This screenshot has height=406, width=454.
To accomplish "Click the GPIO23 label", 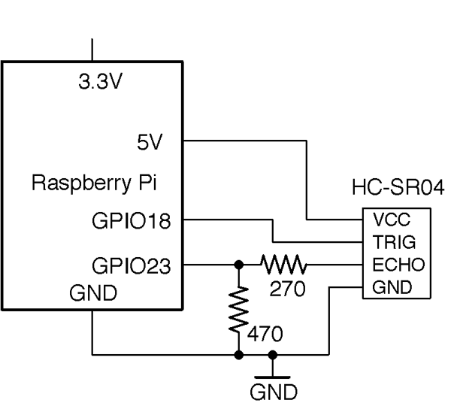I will pos(132,265).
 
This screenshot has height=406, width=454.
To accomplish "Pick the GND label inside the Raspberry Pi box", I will pos(92,293).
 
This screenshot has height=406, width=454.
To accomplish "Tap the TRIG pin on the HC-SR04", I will pos(391,242).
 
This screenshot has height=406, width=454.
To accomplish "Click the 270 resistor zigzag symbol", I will pos(284,264).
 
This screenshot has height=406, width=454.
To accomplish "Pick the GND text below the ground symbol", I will pos(273,392).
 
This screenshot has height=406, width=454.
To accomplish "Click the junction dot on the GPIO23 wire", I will pos(238,264).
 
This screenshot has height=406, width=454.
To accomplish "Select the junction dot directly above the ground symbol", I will pos(273,353).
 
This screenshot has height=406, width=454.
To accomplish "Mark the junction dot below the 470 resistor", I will pos(238,353).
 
